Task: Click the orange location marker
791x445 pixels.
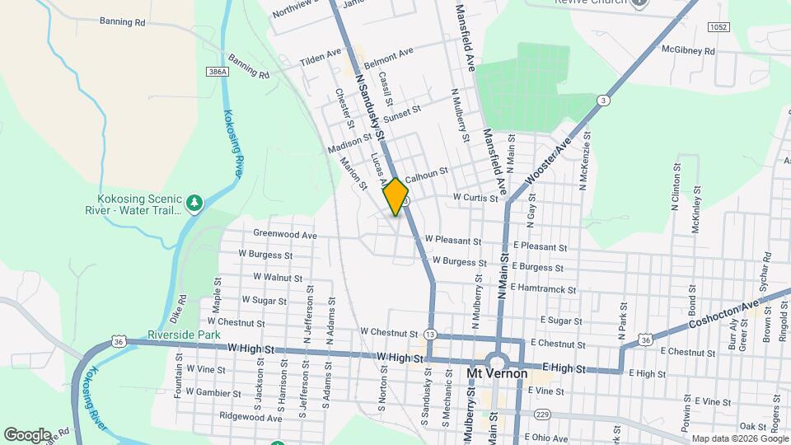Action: tap(395, 196)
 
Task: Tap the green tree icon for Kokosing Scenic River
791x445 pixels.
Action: tap(194, 203)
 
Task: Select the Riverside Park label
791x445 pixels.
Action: tap(185, 335)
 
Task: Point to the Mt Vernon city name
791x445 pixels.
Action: tap(497, 373)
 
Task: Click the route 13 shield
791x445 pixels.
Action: tap(431, 334)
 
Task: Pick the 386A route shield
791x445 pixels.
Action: tap(216, 73)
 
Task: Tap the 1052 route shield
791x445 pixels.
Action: tap(718, 27)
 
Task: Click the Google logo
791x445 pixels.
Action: tap(26, 434)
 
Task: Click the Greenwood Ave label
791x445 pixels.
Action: tap(285, 235)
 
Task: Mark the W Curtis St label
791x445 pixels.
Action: tap(475, 198)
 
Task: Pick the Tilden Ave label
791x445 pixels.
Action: tap(321, 58)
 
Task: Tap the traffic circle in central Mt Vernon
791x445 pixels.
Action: tap(496, 361)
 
